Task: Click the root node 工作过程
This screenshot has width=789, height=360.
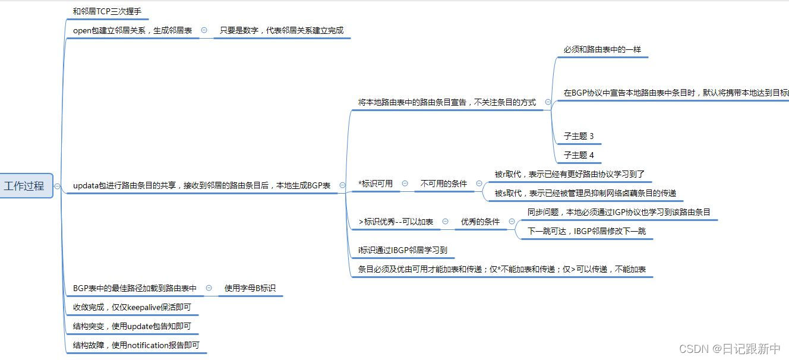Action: click(24, 186)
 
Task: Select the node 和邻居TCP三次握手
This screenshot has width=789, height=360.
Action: click(107, 11)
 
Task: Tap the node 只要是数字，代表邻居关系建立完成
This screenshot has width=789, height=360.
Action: click(282, 30)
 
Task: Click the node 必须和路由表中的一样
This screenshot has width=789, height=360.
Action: click(602, 50)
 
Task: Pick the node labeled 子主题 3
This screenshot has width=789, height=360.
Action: click(579, 136)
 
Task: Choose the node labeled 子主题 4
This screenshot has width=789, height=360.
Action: click(579, 155)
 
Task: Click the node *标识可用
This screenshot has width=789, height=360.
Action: click(375, 184)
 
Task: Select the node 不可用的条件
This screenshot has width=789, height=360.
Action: click(444, 184)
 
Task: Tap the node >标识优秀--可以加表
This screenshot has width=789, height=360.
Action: click(396, 222)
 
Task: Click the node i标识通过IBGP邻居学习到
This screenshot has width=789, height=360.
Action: click(402, 250)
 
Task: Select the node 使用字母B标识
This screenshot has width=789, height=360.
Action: click(250, 288)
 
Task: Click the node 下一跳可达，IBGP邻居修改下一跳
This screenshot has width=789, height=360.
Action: click(586, 231)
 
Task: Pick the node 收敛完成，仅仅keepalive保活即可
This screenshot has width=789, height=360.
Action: click(132, 307)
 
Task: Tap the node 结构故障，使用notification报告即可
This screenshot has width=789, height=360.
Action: click(136, 345)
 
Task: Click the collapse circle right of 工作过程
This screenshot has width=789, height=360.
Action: click(57, 186)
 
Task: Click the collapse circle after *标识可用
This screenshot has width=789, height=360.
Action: click(405, 184)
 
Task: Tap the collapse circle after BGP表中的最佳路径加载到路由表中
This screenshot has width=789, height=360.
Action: click(209, 288)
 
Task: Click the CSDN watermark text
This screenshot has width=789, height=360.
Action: click(729, 349)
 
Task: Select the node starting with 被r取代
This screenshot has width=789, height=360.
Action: click(569, 175)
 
